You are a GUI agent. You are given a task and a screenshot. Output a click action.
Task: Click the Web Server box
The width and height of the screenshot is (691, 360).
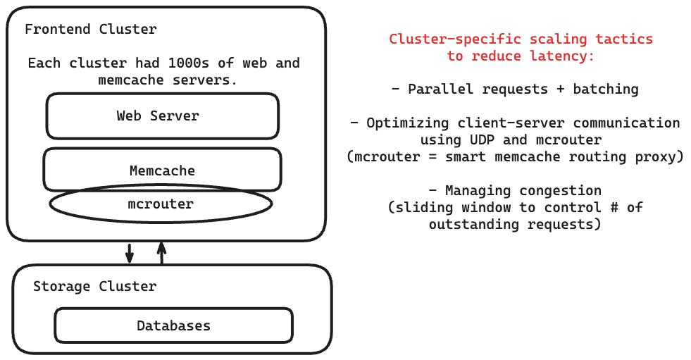[x=162, y=116]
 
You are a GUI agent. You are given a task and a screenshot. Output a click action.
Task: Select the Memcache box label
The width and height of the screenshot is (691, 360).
[x=162, y=170]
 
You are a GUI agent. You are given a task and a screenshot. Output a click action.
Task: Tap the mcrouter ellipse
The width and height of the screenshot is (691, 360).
[x=161, y=204]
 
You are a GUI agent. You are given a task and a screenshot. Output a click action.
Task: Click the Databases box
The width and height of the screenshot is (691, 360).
[x=173, y=325]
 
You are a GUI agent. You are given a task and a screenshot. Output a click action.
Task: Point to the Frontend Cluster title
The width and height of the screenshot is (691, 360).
[x=91, y=30]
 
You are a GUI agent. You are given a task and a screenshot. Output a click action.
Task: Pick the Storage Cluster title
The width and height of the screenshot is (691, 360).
[x=94, y=287]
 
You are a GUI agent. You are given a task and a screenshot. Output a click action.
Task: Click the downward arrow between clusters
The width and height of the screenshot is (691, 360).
[x=130, y=253]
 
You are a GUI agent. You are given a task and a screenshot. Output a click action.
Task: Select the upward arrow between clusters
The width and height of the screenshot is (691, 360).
[x=161, y=252]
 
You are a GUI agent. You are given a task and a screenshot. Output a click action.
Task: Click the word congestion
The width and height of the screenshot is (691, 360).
[x=561, y=191]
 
